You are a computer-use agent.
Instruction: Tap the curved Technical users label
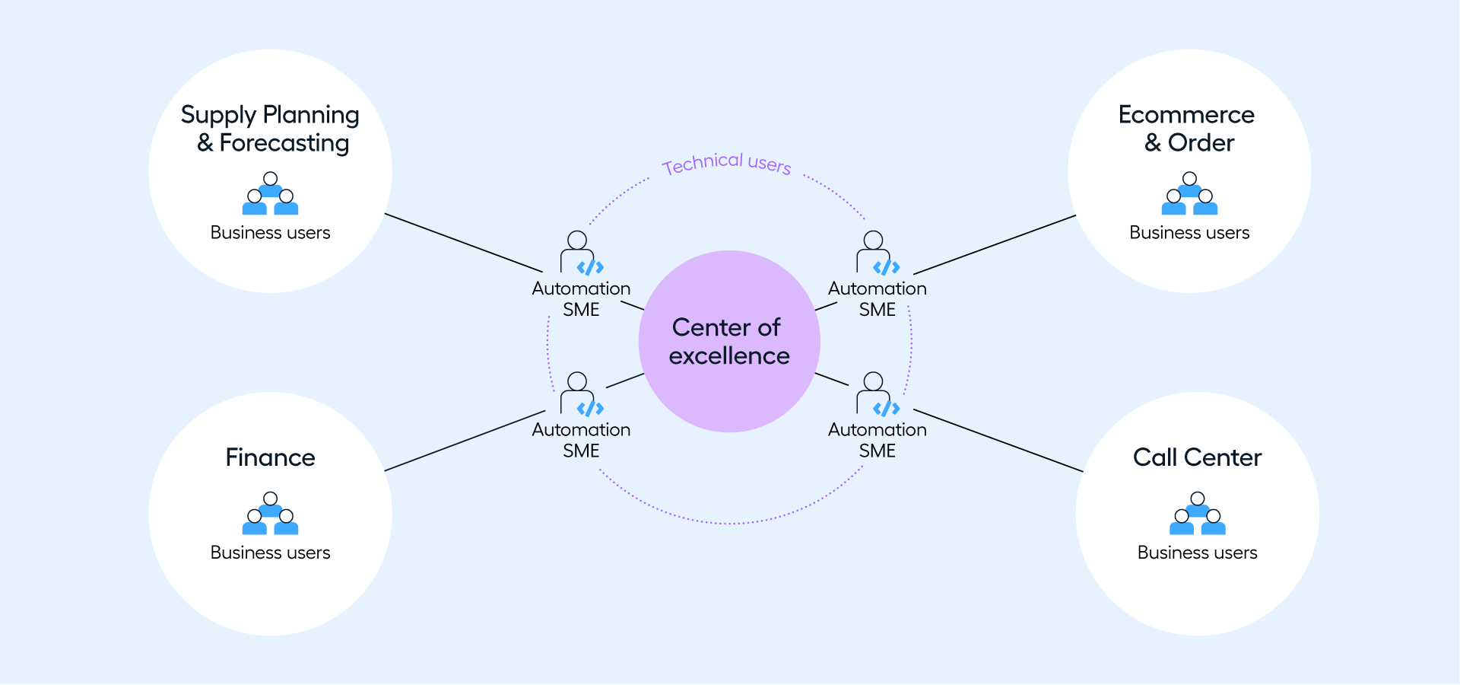pos(726,163)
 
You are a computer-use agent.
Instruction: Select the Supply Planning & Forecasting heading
pos(271,129)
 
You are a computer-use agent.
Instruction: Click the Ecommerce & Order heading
pos(1187,129)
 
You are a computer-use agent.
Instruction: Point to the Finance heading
pos(270,457)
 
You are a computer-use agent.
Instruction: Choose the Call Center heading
pos(1197,457)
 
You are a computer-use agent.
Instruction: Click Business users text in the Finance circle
pos(270,553)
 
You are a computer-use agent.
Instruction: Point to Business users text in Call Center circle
pos(1197,553)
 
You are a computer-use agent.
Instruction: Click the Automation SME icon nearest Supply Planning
pos(582,253)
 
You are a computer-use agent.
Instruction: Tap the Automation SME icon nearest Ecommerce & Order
pos(878,253)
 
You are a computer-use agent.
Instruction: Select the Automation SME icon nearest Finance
pos(582,394)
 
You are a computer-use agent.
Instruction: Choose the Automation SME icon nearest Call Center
pos(878,394)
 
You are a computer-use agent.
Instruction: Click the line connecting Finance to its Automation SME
pos(465,441)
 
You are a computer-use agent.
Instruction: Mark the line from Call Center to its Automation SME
pos(998,441)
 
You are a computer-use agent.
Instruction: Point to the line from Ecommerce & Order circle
pos(995,244)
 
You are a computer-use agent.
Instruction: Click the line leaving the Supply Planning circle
pos(464,243)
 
